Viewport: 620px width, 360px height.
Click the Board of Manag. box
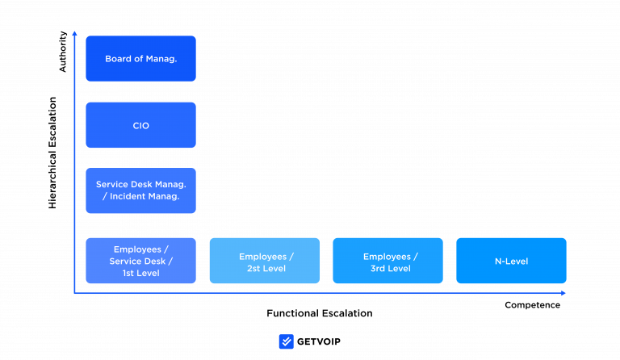[140, 58]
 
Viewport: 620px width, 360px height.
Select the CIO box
[140, 125]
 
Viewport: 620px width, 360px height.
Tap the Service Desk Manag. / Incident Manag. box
[140, 190]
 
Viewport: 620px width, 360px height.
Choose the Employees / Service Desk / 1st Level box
[140, 261]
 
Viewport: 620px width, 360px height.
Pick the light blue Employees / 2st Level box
[265, 261]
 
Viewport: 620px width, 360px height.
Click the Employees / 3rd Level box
[387, 261]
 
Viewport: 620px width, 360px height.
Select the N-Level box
[511, 261]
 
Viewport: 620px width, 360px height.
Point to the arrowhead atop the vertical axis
[74, 33]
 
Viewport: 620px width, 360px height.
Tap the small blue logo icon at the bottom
[286, 341]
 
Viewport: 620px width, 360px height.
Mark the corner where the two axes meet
[74, 293]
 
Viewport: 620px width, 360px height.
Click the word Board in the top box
[118, 59]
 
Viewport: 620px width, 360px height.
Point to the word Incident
[129, 196]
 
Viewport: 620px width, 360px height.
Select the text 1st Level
[140, 273]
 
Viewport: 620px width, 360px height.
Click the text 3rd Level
[391, 268]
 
